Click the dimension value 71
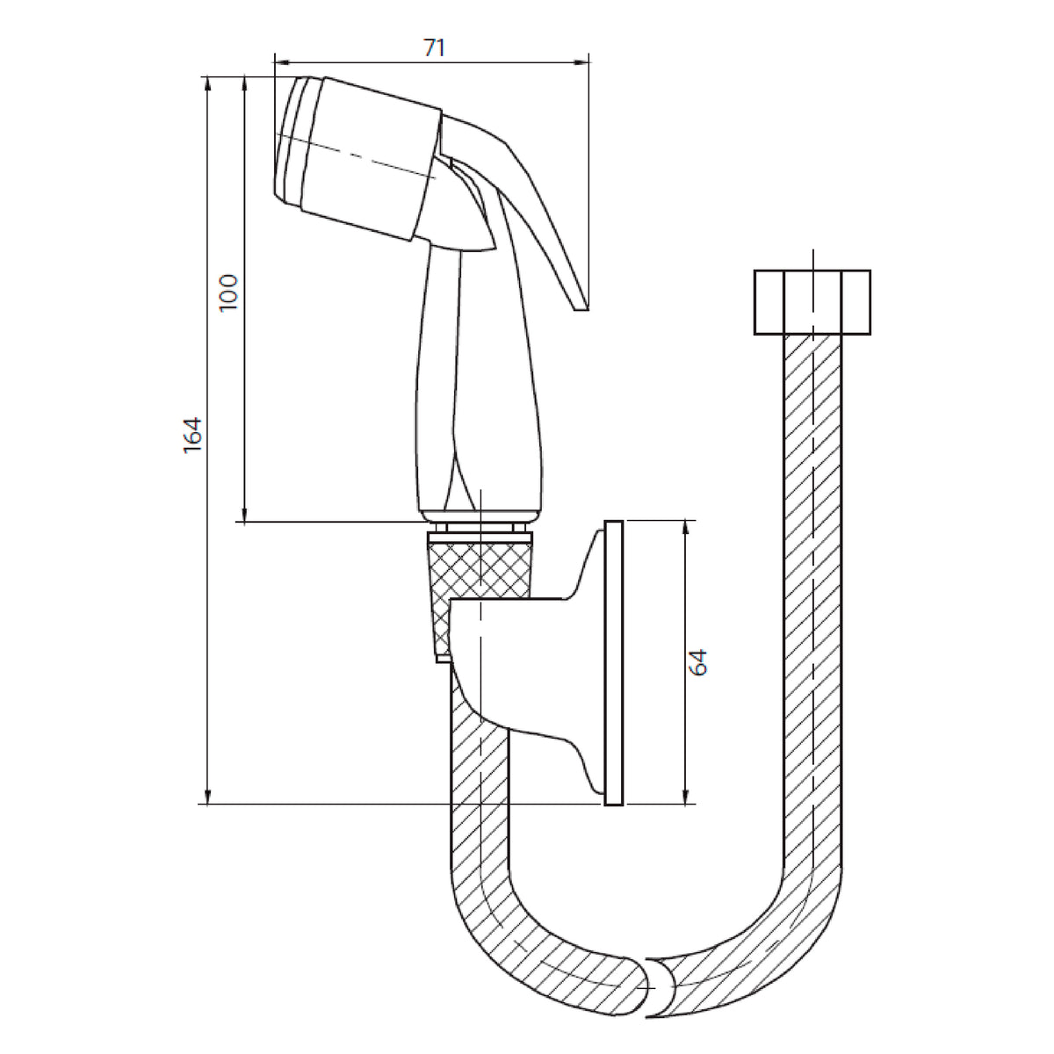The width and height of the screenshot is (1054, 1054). [x=434, y=47]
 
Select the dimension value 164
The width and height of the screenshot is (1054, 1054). [x=192, y=435]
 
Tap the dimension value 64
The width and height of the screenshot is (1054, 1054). [x=698, y=662]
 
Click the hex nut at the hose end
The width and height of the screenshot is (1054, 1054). [x=812, y=302]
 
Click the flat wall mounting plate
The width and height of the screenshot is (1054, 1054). [x=614, y=663]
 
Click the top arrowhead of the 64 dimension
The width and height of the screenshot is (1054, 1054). [x=685, y=527]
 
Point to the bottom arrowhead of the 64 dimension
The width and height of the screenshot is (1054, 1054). [x=685, y=797]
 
